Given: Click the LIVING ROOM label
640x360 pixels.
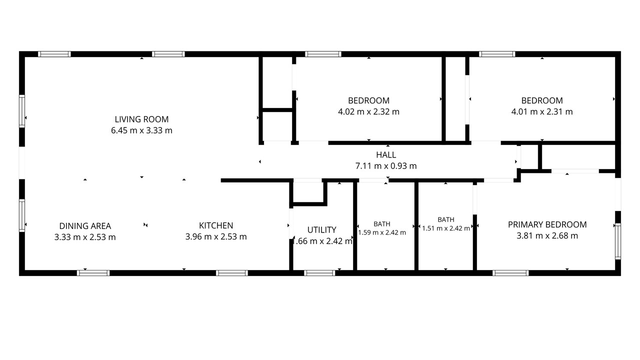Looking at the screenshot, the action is coord(141,119).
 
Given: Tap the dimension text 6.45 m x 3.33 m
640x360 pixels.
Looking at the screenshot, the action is coord(141,130).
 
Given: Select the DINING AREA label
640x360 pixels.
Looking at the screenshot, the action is coord(85,226).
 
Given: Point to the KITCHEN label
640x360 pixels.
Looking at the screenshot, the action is coord(216,225).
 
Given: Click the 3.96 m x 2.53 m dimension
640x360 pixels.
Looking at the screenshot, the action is coord(216,236).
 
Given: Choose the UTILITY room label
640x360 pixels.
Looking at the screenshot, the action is coord(321,229).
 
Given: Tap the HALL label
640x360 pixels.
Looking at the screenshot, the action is coord(386,155).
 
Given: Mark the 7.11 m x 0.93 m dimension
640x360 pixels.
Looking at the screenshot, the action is coord(386,165).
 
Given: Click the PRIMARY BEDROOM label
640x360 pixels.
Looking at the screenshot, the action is coord(547,224).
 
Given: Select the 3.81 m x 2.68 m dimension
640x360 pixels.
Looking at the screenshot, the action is coord(547,235).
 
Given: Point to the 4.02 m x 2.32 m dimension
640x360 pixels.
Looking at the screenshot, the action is coord(368,111).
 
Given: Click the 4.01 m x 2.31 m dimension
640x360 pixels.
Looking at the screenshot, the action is coord(542,111).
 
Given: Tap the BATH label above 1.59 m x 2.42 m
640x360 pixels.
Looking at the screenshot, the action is coord(381,224).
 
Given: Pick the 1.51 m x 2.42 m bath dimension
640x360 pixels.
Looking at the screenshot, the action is coord(446,228).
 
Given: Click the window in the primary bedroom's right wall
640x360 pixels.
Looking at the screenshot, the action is coord(617,241).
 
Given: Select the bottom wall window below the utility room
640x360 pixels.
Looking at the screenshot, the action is coord(319,273).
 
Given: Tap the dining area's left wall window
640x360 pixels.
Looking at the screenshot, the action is coord(22,215).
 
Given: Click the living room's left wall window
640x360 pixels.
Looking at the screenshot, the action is coord(22,111).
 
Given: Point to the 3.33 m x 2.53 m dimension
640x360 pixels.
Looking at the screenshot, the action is coord(85,237).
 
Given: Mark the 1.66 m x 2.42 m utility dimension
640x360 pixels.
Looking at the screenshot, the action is coord(322,241).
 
